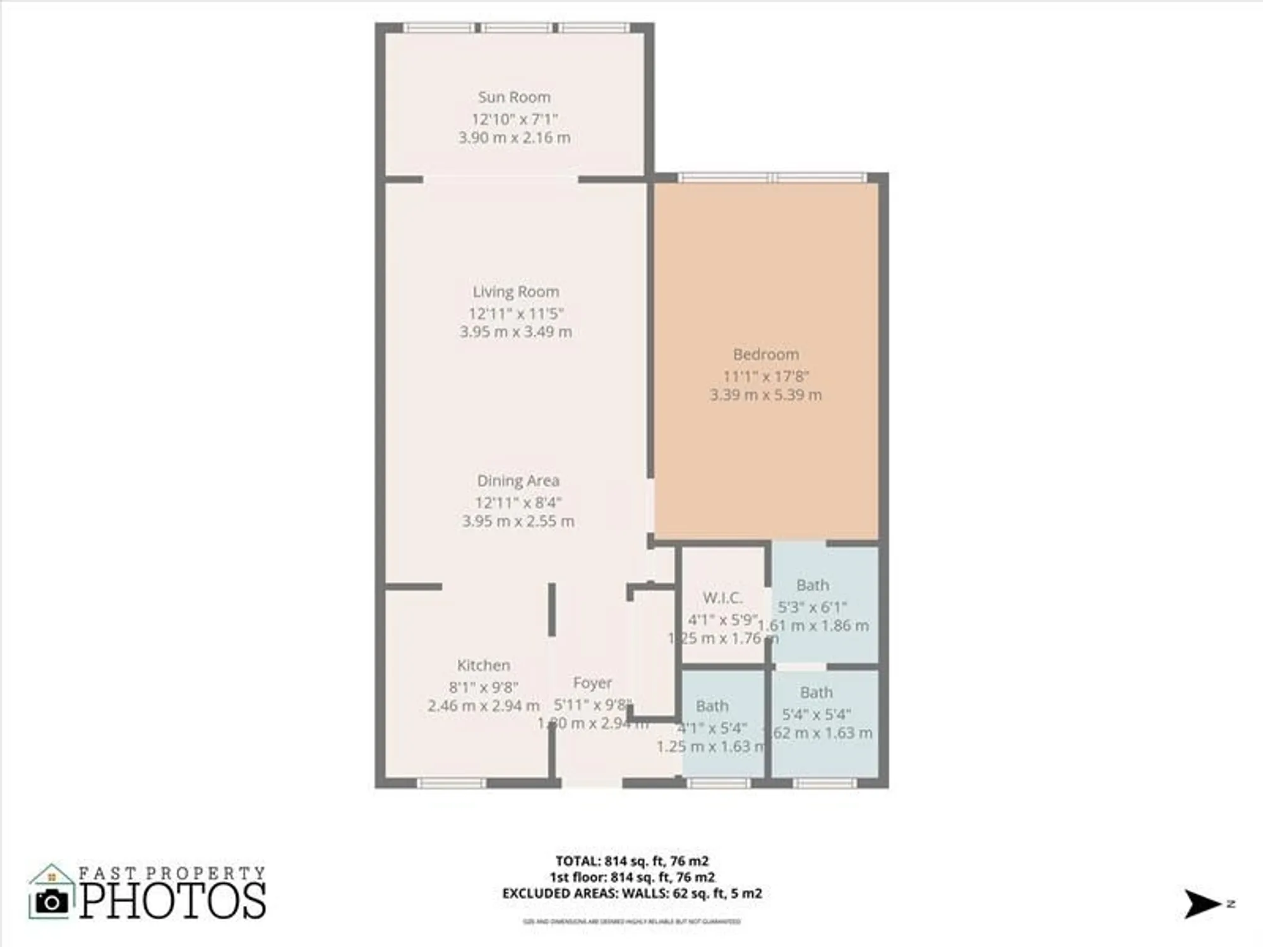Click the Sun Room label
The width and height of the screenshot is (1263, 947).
[x=514, y=97]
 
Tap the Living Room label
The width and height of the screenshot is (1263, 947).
[x=516, y=292]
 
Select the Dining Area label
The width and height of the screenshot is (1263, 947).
[x=518, y=480]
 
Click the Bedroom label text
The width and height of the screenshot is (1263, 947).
[x=765, y=354]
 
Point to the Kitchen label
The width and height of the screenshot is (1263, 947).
[x=483, y=665]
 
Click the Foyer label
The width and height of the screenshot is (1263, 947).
[x=592, y=682]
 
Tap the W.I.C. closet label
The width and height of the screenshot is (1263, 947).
[x=722, y=597]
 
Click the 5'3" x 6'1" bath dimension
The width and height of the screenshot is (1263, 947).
[x=812, y=607]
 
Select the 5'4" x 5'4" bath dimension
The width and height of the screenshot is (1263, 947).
[x=816, y=715]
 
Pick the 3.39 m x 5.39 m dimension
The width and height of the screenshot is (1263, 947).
[x=765, y=395]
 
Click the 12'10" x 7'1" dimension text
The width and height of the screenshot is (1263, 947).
[x=514, y=119]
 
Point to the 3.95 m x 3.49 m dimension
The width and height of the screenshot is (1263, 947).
[x=516, y=332]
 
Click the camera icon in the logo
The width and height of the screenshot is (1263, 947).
[x=52, y=902]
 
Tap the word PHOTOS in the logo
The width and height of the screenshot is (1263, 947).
[x=172, y=901]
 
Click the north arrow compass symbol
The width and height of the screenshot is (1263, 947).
[x=1201, y=904]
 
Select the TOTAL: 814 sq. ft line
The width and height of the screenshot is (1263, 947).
[x=631, y=861]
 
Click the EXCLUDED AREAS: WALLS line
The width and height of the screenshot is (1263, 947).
[x=631, y=893]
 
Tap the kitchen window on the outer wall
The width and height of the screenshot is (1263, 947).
[x=452, y=783]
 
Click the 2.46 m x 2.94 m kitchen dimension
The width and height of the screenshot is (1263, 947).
[x=483, y=706]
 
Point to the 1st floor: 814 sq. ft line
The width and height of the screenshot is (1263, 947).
[x=631, y=877]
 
